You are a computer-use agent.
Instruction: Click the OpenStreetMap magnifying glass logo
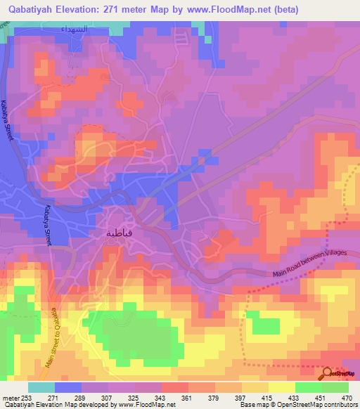coord(327,373)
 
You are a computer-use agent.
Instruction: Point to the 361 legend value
coord(188,397)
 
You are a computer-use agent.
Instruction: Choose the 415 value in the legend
coord(268,397)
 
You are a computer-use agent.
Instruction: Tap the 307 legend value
coord(108,397)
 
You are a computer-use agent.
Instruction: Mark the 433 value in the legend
coord(295,397)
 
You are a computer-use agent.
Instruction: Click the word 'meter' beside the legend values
coord(11,397)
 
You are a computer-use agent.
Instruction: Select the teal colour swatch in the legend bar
coord(41,387)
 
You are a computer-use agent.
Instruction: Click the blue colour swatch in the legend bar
coord(68,387)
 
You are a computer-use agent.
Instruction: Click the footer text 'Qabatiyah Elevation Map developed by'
coord(56,405)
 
